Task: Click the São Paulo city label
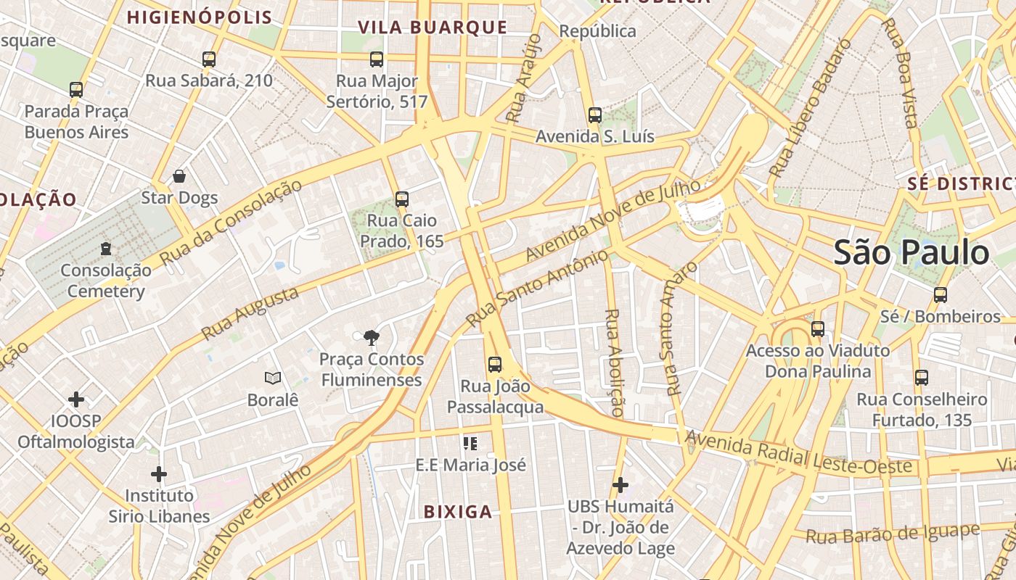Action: click(x=911, y=253)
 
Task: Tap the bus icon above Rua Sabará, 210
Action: click(x=209, y=59)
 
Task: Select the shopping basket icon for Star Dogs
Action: click(x=179, y=176)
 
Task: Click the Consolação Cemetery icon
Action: click(x=106, y=249)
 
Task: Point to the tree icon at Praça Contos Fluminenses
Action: click(x=372, y=337)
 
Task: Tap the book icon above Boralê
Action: click(x=273, y=378)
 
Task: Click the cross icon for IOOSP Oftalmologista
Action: click(x=76, y=399)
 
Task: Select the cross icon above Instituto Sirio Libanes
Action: click(x=159, y=475)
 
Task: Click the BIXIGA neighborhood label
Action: click(x=458, y=512)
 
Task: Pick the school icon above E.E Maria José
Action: click(x=470, y=443)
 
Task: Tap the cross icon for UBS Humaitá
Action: click(x=620, y=484)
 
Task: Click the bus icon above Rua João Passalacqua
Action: click(x=495, y=365)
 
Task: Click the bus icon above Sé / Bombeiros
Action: click(x=941, y=295)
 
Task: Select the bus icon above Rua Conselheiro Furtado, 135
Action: click(x=922, y=378)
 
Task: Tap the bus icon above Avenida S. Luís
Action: click(x=595, y=115)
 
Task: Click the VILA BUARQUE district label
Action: click(x=433, y=28)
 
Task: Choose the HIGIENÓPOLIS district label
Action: click(x=200, y=17)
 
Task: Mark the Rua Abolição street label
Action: click(x=614, y=362)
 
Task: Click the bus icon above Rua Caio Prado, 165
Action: click(x=402, y=199)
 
